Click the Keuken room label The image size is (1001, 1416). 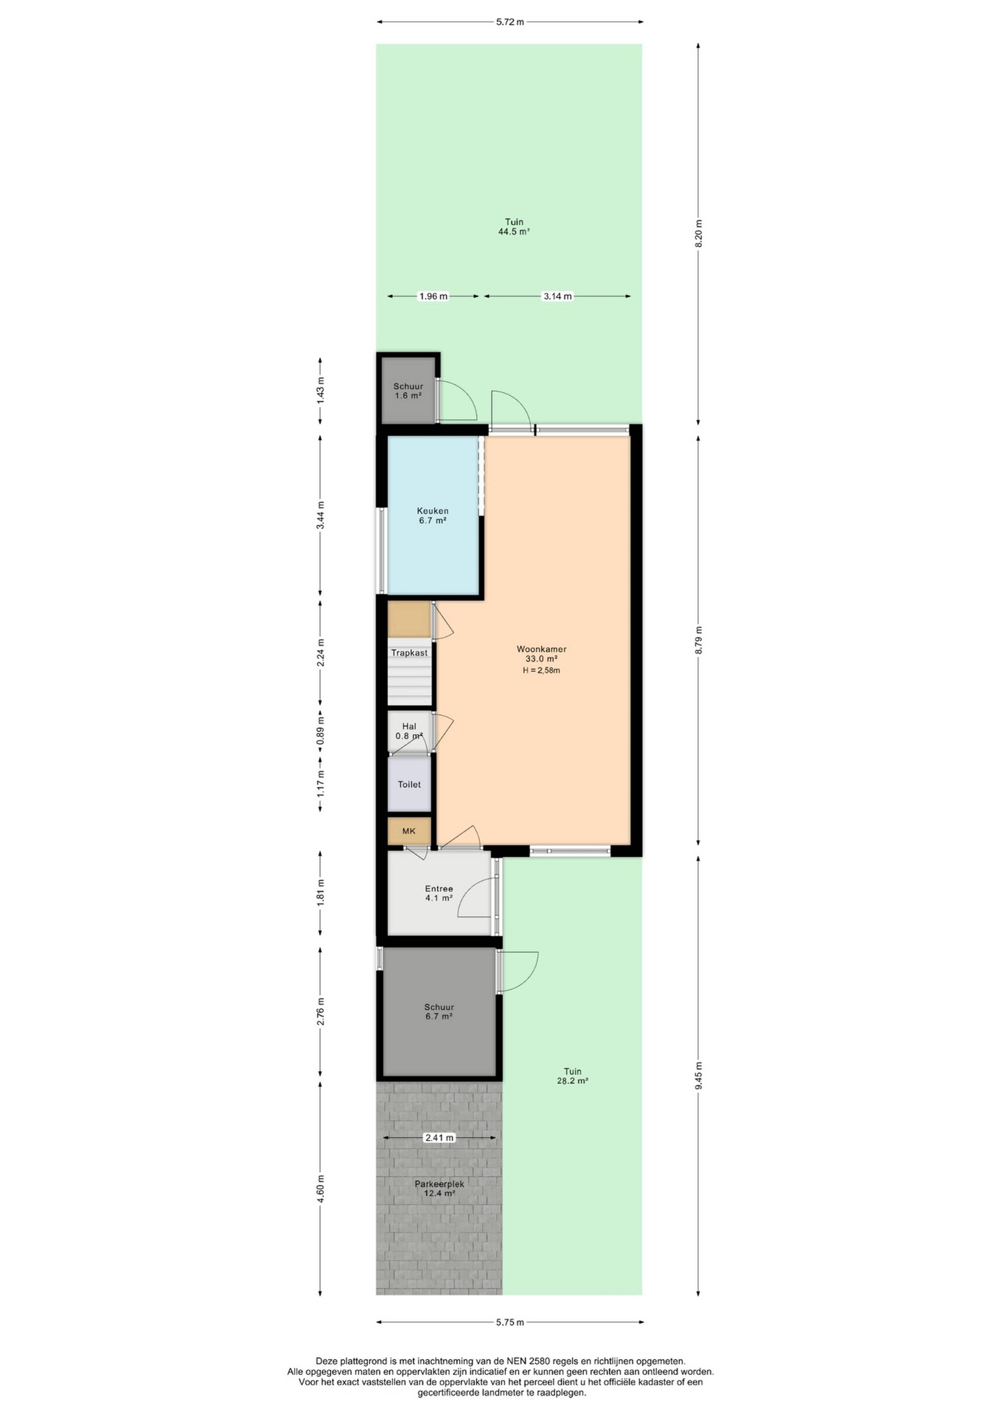click(x=432, y=516)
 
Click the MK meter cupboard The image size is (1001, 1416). click(x=409, y=831)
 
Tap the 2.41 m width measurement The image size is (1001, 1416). click(x=440, y=1138)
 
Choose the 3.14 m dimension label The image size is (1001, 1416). click(x=557, y=296)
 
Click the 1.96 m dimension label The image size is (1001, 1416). click(x=433, y=296)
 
